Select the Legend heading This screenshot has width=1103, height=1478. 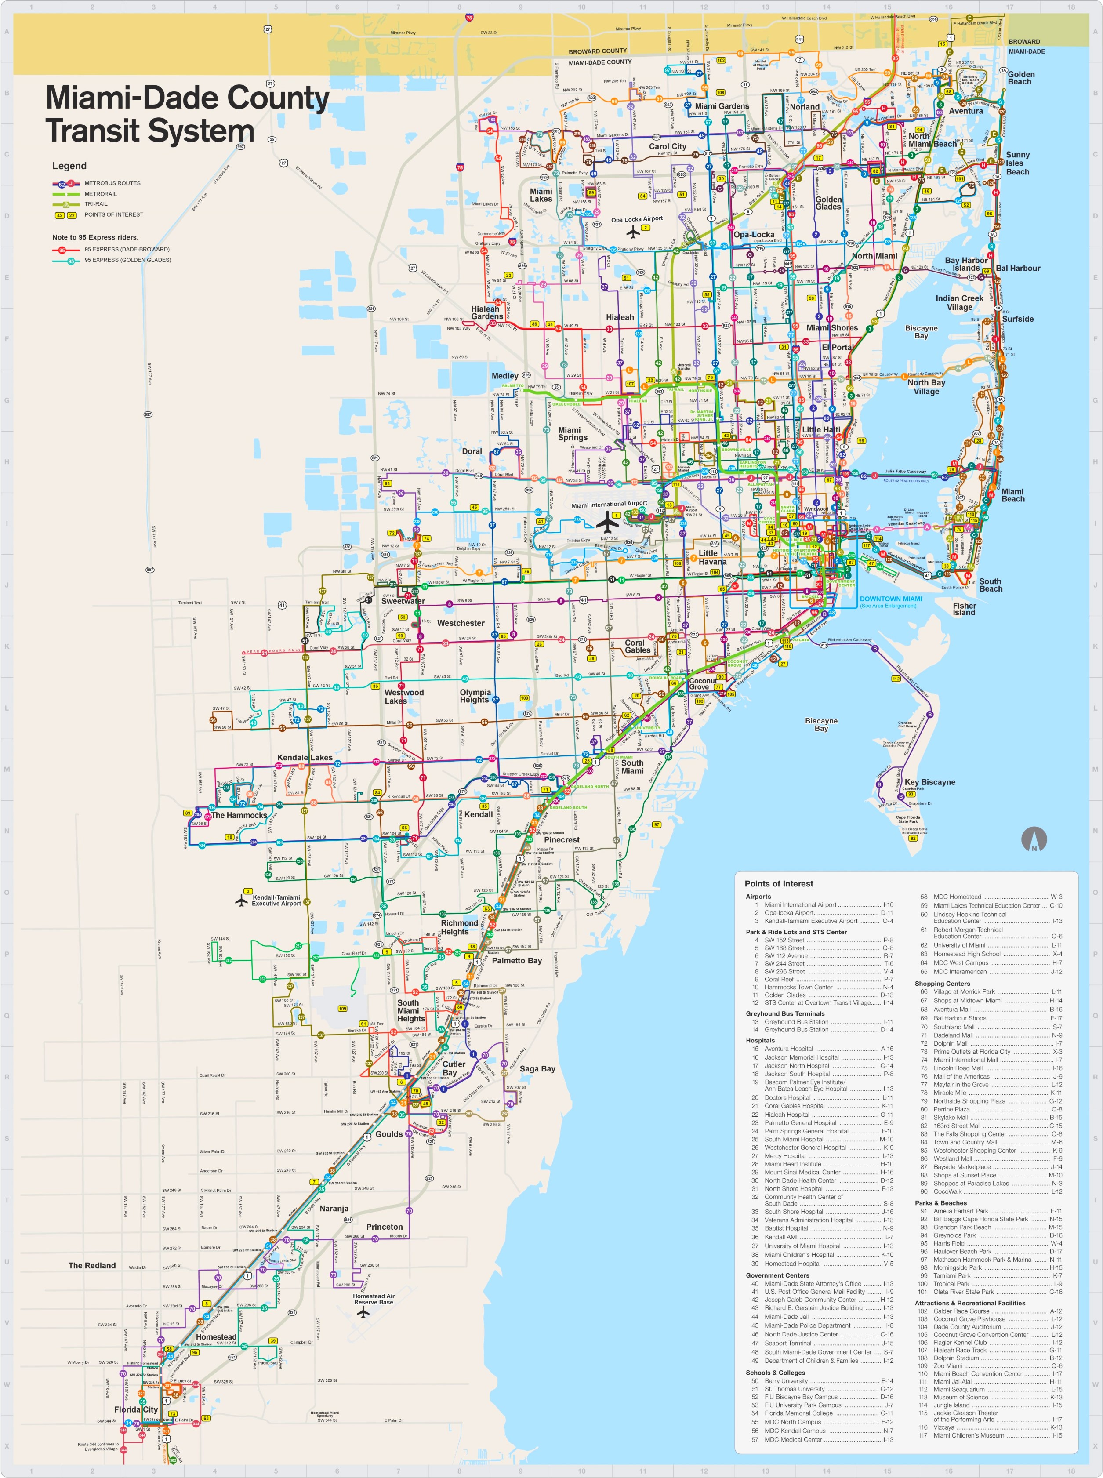pos(69,166)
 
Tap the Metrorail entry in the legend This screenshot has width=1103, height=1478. pos(100,194)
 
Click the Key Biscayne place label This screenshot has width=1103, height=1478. pos(929,782)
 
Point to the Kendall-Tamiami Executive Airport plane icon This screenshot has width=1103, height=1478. pos(242,901)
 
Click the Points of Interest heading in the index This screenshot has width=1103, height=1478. pos(779,884)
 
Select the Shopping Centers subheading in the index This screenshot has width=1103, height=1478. pos(942,983)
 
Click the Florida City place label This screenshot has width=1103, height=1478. pos(136,1409)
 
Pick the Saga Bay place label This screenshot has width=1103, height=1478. pos(537,1069)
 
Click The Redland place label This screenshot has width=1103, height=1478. pos(92,1265)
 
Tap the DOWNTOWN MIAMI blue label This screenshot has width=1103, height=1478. pos(890,599)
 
